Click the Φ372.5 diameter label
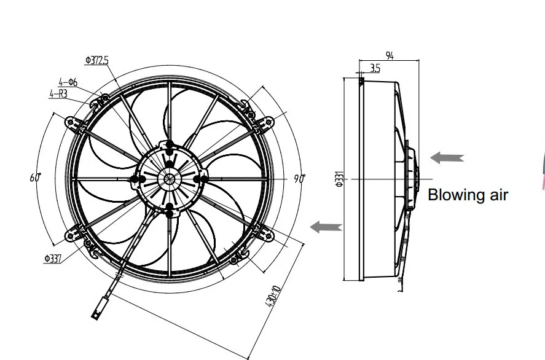point(97,60)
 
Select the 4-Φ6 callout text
point(68,82)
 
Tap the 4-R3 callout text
point(58,94)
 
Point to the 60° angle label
point(35,178)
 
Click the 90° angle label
point(299,179)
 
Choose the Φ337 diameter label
point(53,259)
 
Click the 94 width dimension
point(390,56)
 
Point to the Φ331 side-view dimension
point(338,179)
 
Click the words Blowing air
point(468,195)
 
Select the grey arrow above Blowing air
point(447,158)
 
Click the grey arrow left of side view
point(326,227)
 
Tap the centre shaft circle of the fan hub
point(168,179)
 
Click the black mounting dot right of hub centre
point(198,179)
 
